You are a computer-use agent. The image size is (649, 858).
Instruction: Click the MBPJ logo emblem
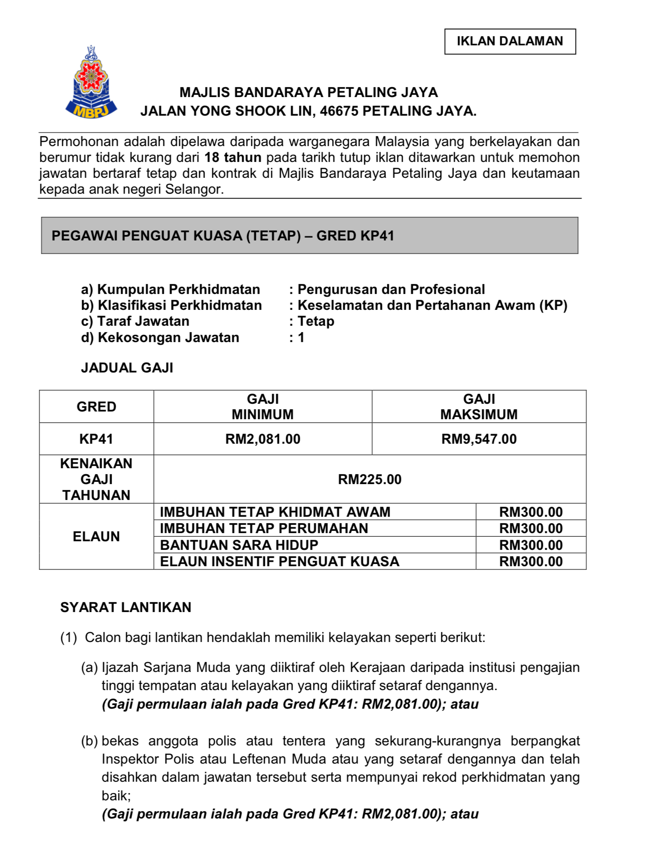pyautogui.click(x=92, y=83)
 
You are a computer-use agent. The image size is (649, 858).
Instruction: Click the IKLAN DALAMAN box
pyautogui.click(x=509, y=41)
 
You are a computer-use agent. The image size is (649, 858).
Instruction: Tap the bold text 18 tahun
pyautogui.click(x=233, y=158)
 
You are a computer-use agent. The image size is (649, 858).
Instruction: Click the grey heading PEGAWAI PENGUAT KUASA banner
pyautogui.click(x=309, y=235)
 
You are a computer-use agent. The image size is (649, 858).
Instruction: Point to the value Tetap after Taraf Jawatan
pyautogui.click(x=316, y=321)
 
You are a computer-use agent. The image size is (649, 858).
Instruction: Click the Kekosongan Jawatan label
pyautogui.click(x=160, y=338)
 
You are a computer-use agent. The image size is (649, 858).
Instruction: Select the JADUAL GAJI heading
pyautogui.click(x=127, y=368)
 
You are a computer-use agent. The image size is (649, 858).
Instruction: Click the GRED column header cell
pyautogui.click(x=96, y=407)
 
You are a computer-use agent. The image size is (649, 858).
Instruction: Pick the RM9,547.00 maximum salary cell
pyautogui.click(x=478, y=439)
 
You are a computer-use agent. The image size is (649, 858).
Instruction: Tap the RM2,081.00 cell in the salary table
pyautogui.click(x=263, y=439)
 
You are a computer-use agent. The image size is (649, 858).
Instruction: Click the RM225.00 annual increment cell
pyautogui.click(x=370, y=479)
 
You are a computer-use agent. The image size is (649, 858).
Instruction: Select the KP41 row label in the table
pyautogui.click(x=96, y=439)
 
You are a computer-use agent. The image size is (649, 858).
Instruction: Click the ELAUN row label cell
pyautogui.click(x=96, y=536)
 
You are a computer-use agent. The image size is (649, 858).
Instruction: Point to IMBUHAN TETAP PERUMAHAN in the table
pyautogui.click(x=264, y=528)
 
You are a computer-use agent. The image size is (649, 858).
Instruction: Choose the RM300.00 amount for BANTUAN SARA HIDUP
pyautogui.click(x=531, y=545)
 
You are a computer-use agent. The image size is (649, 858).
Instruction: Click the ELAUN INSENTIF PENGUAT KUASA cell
pyautogui.click(x=279, y=562)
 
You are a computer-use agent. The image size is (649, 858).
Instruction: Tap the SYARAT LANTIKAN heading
pyautogui.click(x=126, y=607)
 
